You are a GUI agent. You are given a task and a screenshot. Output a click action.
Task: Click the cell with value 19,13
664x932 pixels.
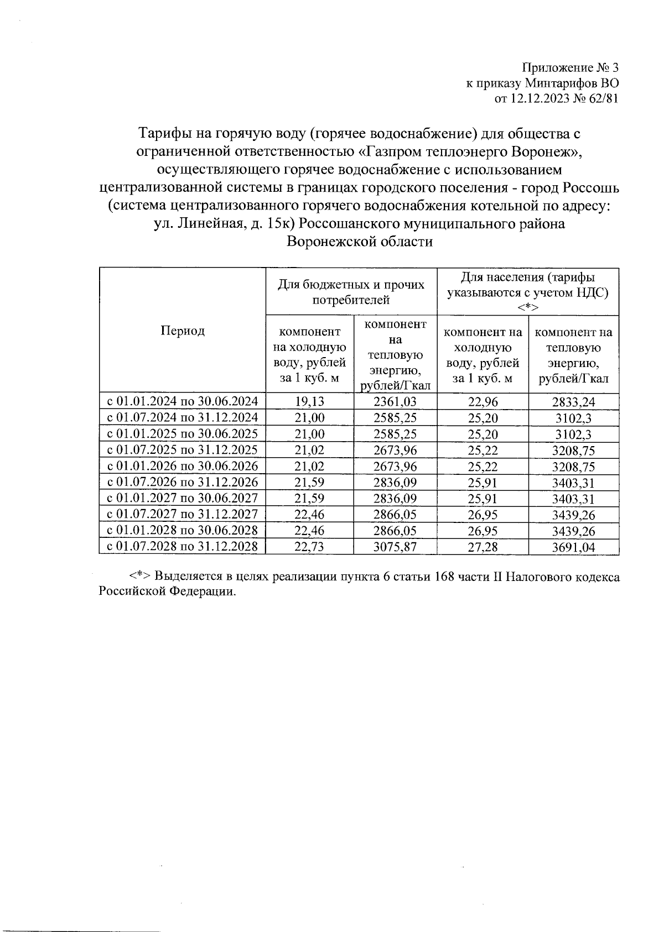pos(309,402)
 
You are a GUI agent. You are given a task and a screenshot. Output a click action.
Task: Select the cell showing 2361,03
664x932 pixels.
pos(395,402)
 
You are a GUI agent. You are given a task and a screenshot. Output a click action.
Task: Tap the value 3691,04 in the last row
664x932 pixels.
pos(573,548)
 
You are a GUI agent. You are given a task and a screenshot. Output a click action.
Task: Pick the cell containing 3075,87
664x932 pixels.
pos(395,547)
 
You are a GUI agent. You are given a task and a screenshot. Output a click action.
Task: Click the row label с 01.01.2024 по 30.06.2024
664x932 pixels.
pos(182,402)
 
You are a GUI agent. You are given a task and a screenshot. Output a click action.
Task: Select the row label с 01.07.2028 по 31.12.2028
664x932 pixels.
pos(182,547)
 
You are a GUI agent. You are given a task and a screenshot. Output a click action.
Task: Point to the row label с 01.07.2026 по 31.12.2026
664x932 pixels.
pos(182,483)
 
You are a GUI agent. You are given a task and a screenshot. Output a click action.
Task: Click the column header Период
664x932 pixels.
pos(182,331)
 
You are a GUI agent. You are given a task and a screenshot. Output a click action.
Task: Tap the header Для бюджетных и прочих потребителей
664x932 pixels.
pos(351,292)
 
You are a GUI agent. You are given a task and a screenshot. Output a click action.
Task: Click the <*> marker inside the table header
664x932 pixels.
pos(528,307)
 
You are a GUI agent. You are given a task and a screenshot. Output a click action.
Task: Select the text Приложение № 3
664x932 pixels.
pos(570,69)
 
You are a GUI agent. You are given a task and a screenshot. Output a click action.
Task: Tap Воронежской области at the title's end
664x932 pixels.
pos(360,242)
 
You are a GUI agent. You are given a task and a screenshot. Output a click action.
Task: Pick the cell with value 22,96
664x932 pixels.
pos(483,402)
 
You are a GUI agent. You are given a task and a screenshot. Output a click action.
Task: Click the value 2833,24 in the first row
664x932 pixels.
pos(573,402)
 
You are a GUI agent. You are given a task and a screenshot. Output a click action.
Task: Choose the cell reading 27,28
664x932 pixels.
pos(483,547)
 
